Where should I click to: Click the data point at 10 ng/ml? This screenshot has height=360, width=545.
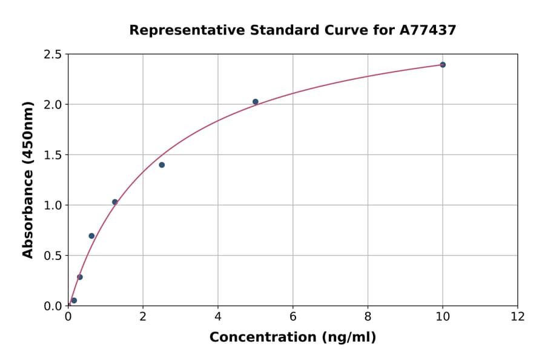tap(443, 65)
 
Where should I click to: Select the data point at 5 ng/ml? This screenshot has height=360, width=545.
tap(256, 102)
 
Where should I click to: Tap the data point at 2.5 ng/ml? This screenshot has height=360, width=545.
tap(162, 165)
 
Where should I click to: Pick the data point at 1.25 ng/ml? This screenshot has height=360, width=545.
tap(115, 202)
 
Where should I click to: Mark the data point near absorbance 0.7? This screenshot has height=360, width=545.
tap(91, 236)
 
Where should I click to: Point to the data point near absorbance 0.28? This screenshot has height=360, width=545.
tap(80, 277)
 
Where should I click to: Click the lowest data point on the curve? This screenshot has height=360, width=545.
tap(74, 301)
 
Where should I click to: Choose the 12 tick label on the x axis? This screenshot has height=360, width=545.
tap(518, 317)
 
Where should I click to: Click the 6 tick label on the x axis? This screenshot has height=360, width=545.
tap(293, 317)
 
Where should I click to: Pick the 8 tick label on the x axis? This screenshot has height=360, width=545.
tap(368, 317)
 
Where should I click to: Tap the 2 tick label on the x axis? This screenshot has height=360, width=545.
tap(143, 317)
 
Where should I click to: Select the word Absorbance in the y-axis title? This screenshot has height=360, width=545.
tap(28, 205)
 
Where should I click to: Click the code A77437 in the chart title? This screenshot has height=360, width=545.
tap(428, 30)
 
